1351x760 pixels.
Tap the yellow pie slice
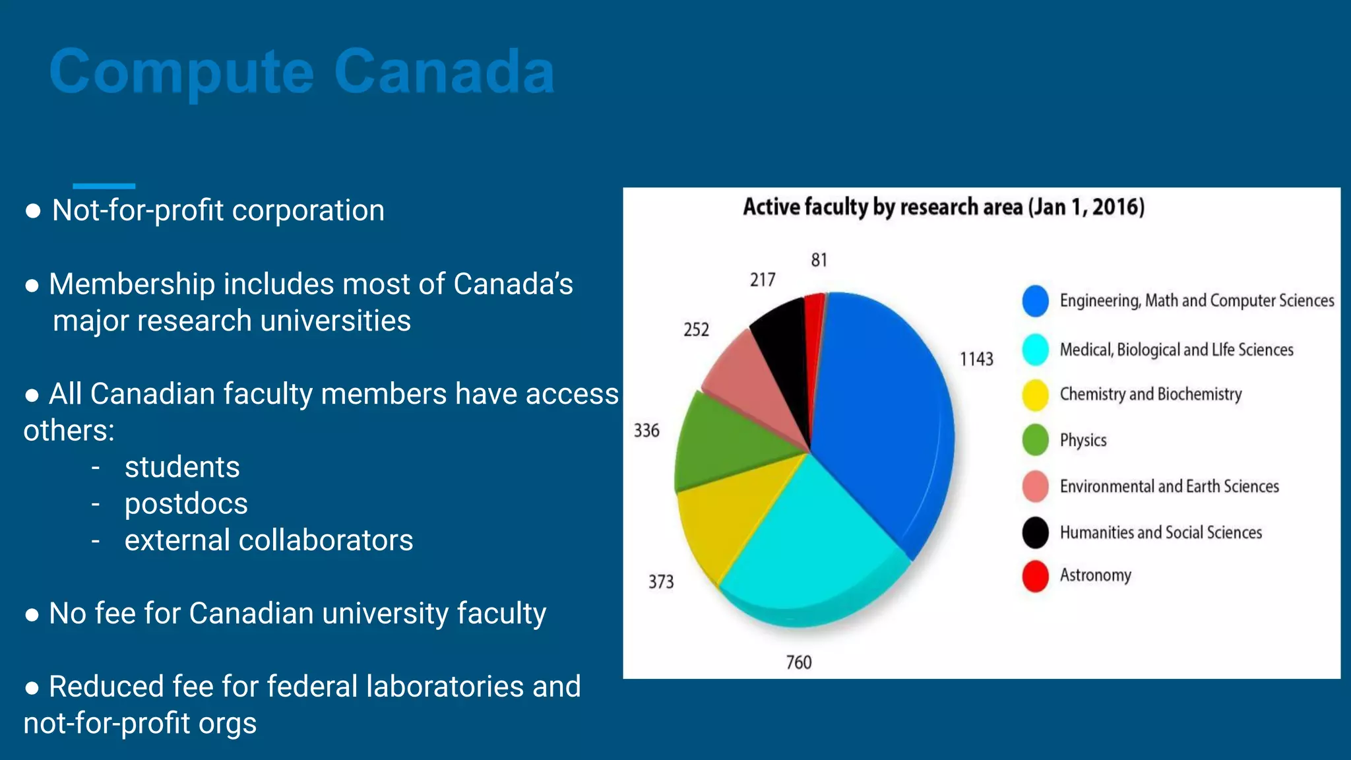[x=732, y=515]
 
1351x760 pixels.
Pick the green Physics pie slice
[x=726, y=442]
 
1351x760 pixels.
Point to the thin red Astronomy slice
[x=815, y=330]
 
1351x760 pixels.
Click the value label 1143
[x=976, y=359]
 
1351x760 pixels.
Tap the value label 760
[x=798, y=662]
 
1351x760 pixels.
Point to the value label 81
[x=819, y=260]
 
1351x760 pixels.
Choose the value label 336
[x=646, y=431]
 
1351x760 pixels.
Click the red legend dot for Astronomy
[x=1035, y=576]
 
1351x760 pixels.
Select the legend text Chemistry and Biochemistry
[x=1150, y=394]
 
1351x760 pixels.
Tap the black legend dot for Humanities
[x=1035, y=532]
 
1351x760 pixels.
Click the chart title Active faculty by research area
[x=943, y=207]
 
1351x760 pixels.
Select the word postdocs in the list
[x=186, y=504]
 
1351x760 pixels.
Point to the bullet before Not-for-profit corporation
[x=33, y=211]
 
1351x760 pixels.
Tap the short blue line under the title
[x=104, y=186]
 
